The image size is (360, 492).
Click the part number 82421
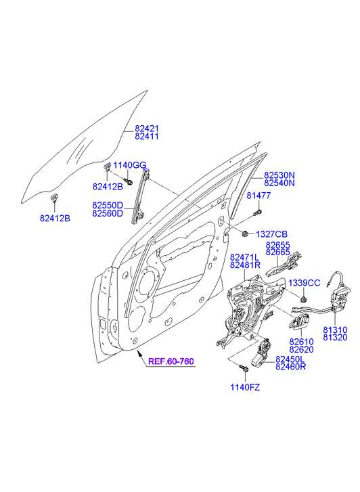147,129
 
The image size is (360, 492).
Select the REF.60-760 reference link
171,361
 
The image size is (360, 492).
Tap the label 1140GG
130,165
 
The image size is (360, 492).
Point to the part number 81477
258,196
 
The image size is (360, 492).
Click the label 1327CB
272,234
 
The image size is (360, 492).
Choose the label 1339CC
305,283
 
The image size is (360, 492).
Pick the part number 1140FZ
245,388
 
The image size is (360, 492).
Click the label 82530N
279,175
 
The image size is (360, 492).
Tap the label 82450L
290,359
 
